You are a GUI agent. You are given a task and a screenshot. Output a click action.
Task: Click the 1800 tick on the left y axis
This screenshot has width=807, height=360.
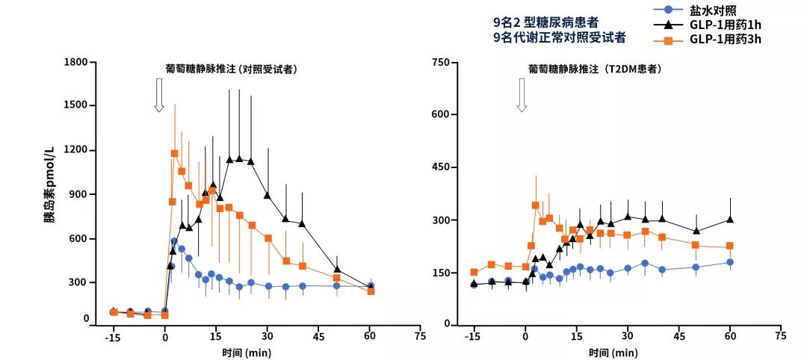click(76, 62)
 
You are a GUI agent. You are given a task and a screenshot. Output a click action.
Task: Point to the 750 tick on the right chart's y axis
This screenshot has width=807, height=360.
click(439, 62)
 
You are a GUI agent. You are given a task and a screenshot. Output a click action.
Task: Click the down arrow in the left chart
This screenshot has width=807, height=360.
click(158, 96)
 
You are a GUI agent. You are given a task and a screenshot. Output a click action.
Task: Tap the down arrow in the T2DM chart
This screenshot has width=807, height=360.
click(522, 96)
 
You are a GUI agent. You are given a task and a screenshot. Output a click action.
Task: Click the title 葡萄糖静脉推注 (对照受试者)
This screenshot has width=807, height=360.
click(231, 69)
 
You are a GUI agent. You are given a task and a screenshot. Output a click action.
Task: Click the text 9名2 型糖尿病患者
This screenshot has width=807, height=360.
click(545, 22)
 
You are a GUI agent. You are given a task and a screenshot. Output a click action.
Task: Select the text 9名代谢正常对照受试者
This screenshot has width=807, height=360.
click(560, 37)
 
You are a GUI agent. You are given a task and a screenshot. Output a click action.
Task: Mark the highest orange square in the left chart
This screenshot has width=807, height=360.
click(174, 153)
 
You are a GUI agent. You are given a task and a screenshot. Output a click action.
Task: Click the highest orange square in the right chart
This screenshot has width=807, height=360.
click(535, 205)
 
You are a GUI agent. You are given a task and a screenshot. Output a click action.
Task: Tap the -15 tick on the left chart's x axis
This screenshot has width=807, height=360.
click(114, 337)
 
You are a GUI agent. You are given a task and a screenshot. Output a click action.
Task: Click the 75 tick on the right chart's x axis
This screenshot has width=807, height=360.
click(780, 336)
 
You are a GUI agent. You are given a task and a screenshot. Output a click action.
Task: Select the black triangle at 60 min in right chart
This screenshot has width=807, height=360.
click(730, 220)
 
